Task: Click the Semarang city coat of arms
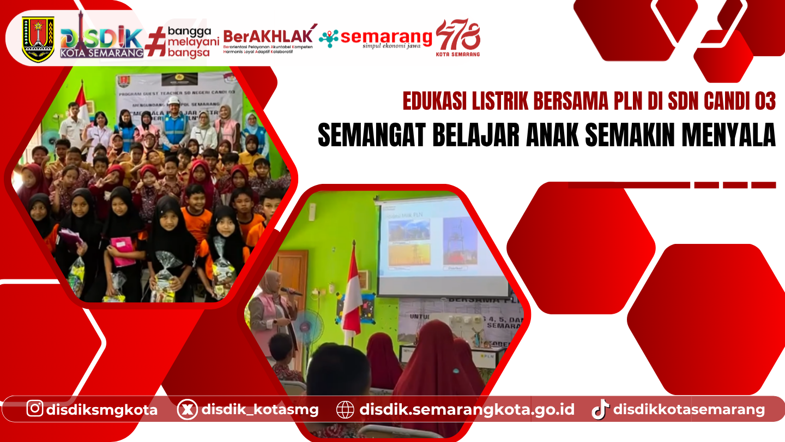(x=38, y=38)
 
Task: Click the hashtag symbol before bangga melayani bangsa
(x=156, y=40)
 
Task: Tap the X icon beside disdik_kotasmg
(x=187, y=409)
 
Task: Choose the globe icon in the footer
(x=345, y=409)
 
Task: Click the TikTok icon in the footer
(x=600, y=409)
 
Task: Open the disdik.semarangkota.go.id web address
(x=467, y=409)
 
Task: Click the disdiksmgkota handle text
(x=101, y=409)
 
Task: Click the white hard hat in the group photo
(x=173, y=101)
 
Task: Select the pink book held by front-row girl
(x=123, y=252)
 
